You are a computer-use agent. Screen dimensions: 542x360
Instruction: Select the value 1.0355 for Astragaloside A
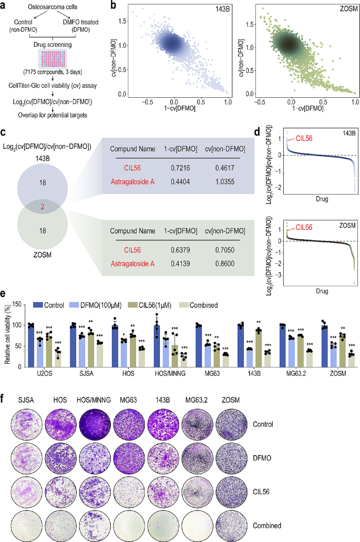coord(222,180)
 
